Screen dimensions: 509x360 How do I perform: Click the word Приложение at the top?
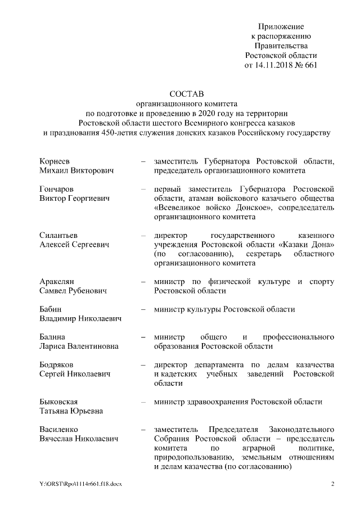pos(281,26)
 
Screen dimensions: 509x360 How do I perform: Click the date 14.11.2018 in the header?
pos(274,65)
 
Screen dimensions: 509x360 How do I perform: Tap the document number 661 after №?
pos(310,65)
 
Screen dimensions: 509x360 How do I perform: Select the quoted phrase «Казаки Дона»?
pos(308,244)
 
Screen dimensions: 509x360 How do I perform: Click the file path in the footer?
pos(76,483)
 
